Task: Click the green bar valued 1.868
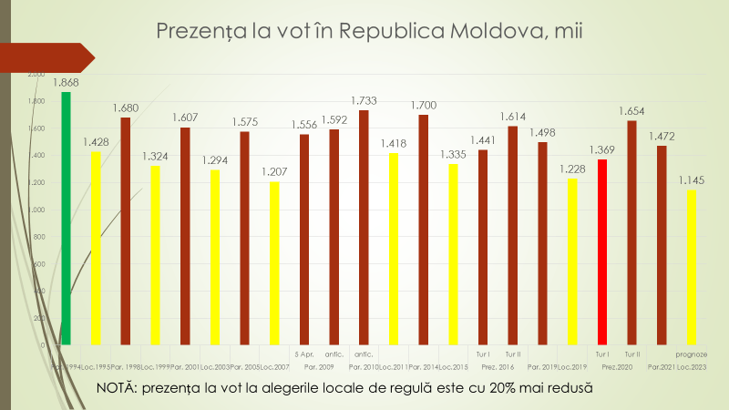(66, 219)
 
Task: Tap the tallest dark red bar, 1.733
(364, 228)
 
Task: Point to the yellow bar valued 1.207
(273, 263)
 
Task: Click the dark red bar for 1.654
(631, 232)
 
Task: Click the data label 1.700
(423, 105)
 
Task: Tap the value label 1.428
(95, 142)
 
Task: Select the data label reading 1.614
(512, 117)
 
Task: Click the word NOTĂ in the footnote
(118, 389)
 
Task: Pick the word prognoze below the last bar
(692, 354)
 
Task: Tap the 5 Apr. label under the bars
(304, 354)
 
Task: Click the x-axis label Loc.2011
(393, 367)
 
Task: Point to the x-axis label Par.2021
(661, 367)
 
